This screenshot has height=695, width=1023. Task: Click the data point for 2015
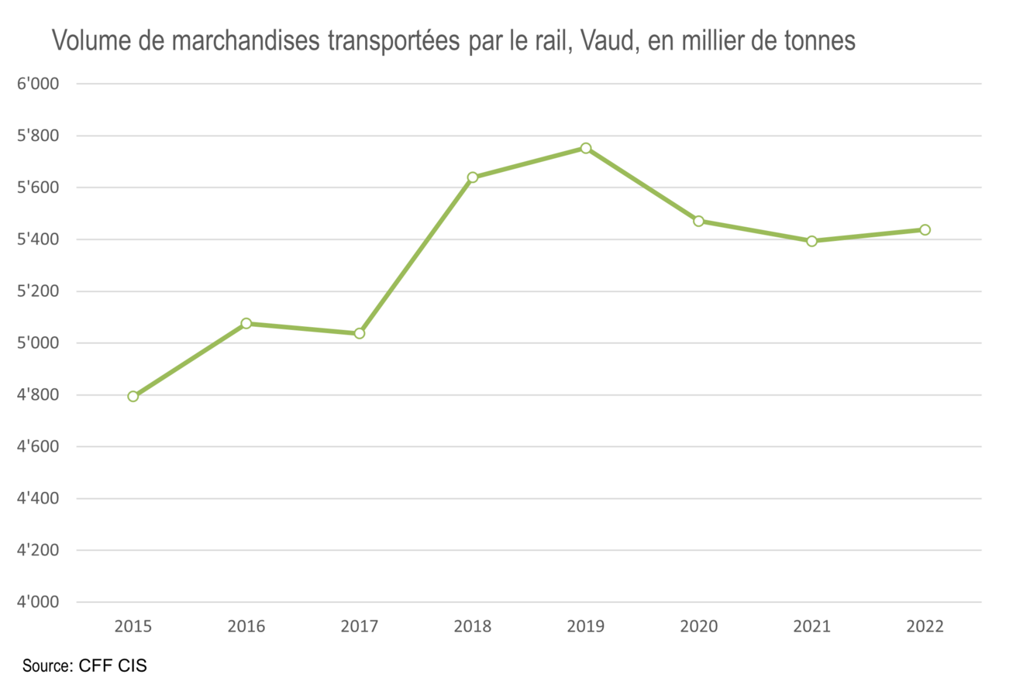[133, 396]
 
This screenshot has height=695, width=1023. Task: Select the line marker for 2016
[246, 323]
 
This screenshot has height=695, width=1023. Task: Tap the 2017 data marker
[360, 333]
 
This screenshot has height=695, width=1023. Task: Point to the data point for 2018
[473, 177]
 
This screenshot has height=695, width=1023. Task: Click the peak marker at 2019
[586, 148]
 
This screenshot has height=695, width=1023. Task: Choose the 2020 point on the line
[699, 221]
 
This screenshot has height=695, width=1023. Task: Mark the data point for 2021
[812, 241]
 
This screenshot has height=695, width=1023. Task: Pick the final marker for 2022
[925, 229]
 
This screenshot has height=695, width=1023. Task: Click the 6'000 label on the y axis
[38, 84]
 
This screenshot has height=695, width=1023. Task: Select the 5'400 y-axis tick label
[38, 239]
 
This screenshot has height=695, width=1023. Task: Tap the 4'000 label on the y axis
[38, 602]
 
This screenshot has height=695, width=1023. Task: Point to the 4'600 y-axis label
[38, 447]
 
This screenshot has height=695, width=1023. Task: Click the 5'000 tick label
[38, 343]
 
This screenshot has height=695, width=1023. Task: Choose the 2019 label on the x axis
[586, 626]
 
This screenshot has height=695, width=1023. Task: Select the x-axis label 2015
[133, 626]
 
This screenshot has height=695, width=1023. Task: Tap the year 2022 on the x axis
[925, 626]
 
